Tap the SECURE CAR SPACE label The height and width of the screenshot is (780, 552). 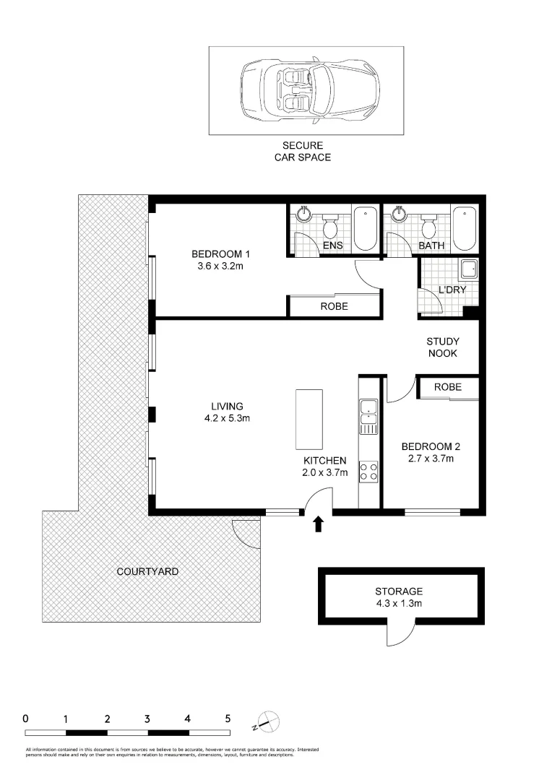(x=302, y=152)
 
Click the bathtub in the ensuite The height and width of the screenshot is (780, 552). (x=365, y=227)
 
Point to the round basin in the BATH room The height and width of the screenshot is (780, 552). (x=398, y=214)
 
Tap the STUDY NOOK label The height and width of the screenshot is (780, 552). (x=443, y=347)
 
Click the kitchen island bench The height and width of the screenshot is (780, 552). (x=310, y=419)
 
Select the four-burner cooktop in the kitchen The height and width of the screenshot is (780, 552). (x=368, y=472)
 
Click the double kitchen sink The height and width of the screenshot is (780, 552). (x=368, y=417)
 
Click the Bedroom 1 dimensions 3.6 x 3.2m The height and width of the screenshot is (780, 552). (x=220, y=266)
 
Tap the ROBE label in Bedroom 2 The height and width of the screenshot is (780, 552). (x=447, y=387)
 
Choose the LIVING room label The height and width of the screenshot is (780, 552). (x=227, y=407)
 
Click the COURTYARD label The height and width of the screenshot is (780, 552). (x=147, y=571)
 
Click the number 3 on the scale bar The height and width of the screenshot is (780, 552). (x=147, y=719)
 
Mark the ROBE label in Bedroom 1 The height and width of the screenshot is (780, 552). (x=334, y=306)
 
